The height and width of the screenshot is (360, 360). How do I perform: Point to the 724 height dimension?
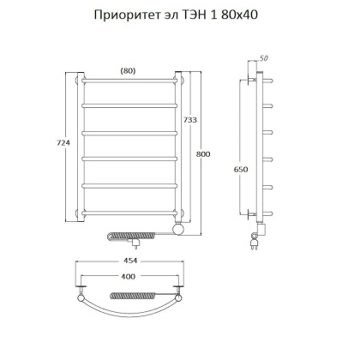tap(58, 146)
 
